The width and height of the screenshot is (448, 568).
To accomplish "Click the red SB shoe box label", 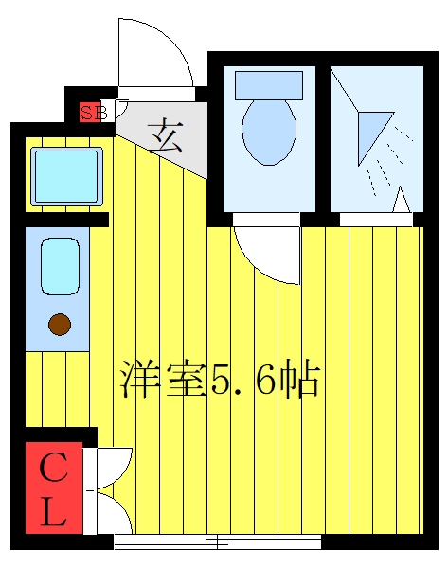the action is [x=90, y=113].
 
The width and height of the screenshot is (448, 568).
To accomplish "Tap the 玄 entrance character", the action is [x=166, y=135].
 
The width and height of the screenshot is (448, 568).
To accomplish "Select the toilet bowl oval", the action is [x=269, y=132].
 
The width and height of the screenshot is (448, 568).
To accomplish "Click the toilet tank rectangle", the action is [x=269, y=85].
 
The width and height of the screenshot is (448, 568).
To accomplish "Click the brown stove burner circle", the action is [x=60, y=324].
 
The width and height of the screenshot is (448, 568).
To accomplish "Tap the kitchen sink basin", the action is [x=60, y=266].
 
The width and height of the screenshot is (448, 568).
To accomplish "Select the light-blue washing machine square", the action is [x=66, y=176].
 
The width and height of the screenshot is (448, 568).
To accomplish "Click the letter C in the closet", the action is [x=54, y=468].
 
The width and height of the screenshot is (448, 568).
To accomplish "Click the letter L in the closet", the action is [x=54, y=511].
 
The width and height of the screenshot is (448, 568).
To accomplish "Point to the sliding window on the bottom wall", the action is [x=218, y=541].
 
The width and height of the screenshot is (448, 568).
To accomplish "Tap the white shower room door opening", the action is [x=376, y=220].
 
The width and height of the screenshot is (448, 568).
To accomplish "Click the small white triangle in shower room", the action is [x=401, y=200].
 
